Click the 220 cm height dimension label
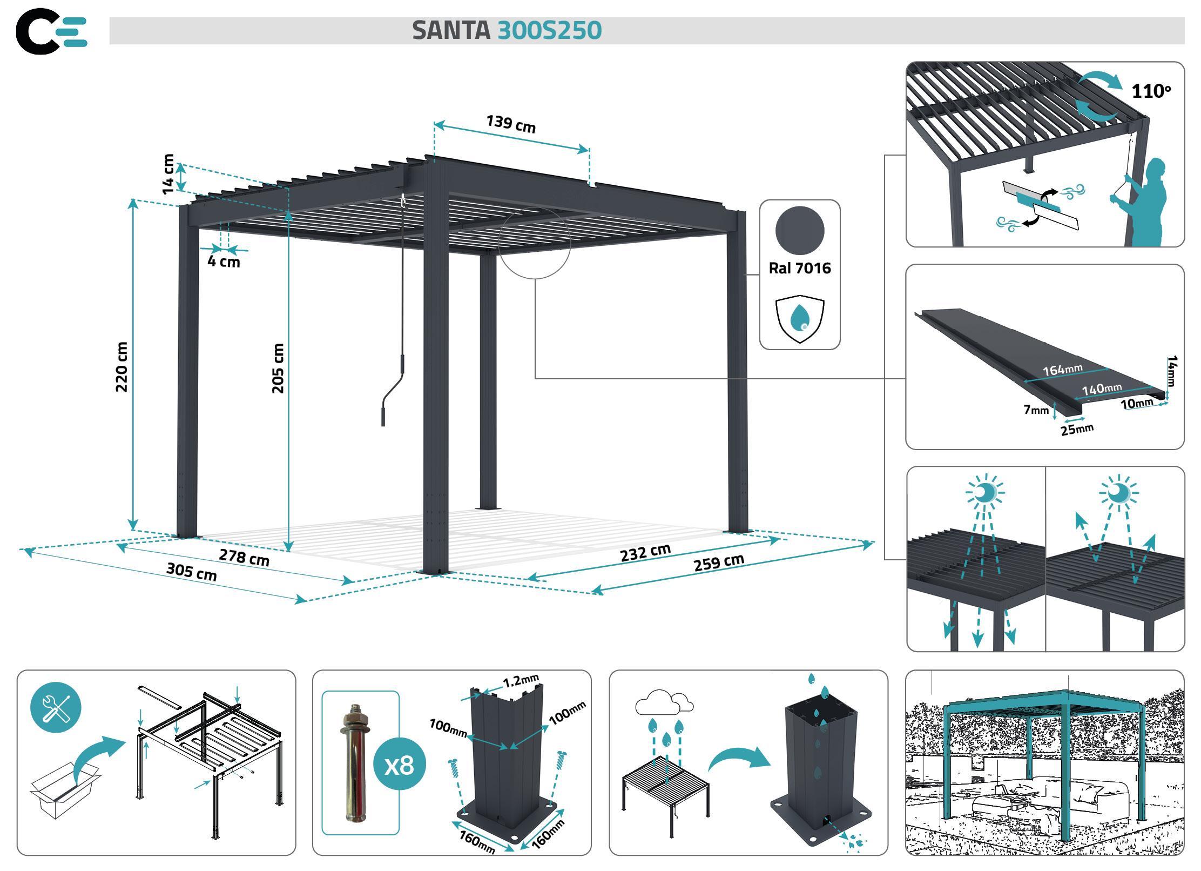click(122, 367)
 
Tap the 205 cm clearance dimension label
click(278, 368)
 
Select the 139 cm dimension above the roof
click(511, 124)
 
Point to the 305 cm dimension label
click(192, 572)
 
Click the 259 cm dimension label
click(719, 562)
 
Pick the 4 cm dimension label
click(224, 262)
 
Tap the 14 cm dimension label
click(168, 174)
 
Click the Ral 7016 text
click(800, 269)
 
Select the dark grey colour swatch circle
click(800, 230)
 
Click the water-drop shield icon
click(800, 319)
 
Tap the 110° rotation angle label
click(1151, 91)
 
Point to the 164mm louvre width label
click(1062, 370)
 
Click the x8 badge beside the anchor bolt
click(400, 765)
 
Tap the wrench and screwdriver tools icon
click(56, 707)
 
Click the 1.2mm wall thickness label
click(521, 681)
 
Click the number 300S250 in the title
click(549, 30)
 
